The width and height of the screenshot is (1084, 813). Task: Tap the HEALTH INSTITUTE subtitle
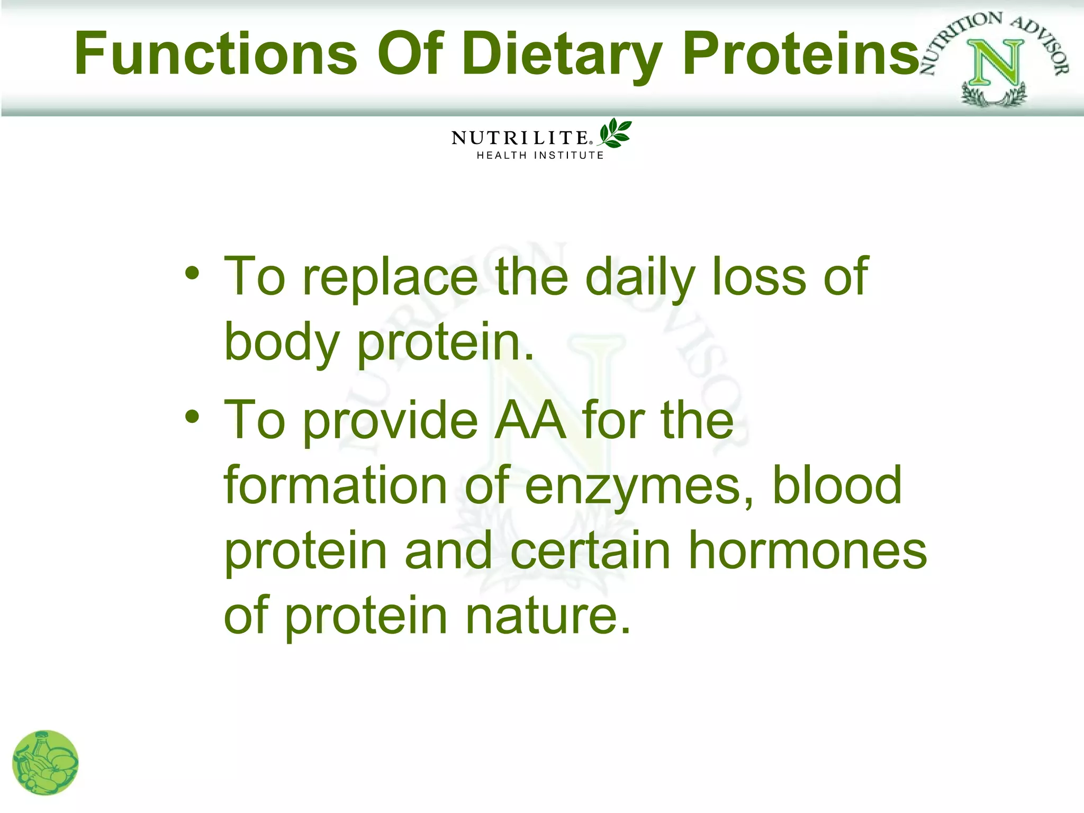tap(540, 156)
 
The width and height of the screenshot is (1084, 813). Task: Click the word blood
tap(837, 485)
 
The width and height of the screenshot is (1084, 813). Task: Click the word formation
tap(336, 485)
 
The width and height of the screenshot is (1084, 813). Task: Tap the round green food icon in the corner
tap(45, 762)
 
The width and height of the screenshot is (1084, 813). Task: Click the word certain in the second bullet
tap(590, 550)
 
